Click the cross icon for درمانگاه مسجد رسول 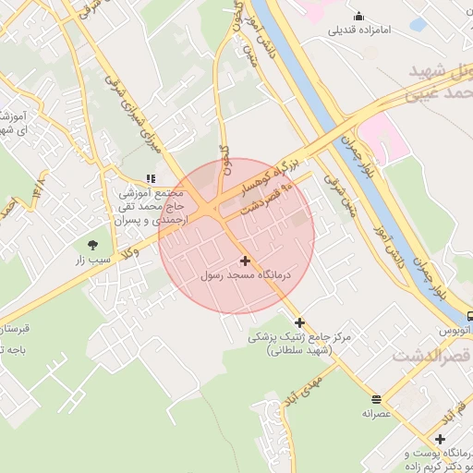coord(244,261)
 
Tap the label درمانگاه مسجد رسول coord(245,276)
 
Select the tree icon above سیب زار coord(92,245)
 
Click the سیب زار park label coord(92,261)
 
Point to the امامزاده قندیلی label coord(359,30)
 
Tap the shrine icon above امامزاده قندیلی coord(359,16)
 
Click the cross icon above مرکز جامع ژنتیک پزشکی coord(299,322)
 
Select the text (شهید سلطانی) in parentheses coord(299,351)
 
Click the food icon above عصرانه coord(377,399)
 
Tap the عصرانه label coord(377,415)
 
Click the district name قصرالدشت coord(431,356)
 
